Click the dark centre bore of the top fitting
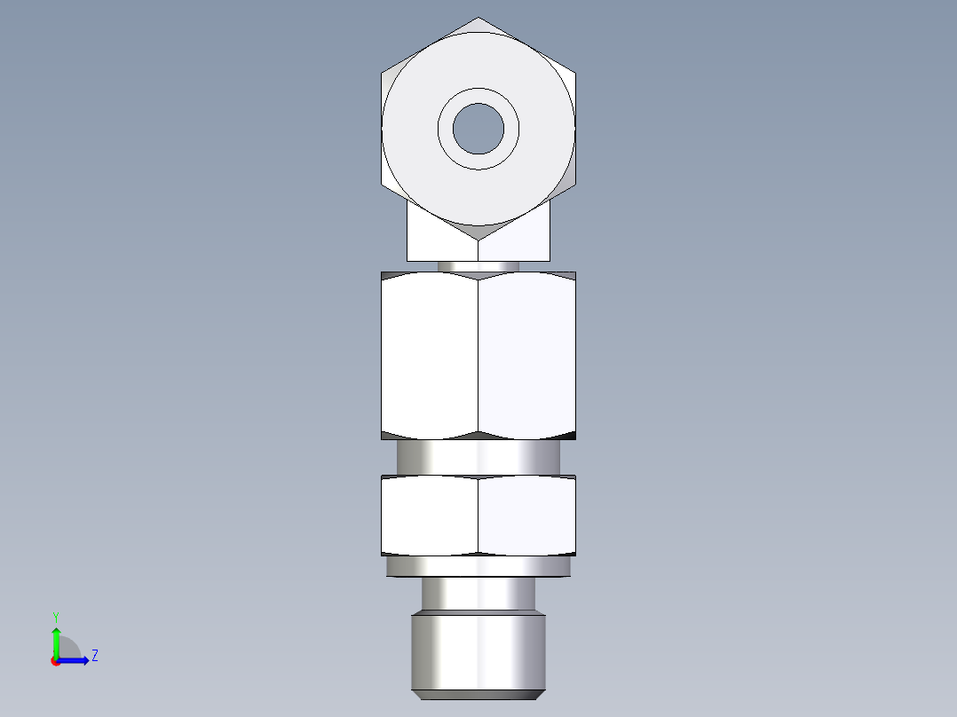pyautogui.click(x=478, y=128)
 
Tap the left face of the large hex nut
pyautogui.click(x=430, y=355)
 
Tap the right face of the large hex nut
pyautogui.click(x=526, y=355)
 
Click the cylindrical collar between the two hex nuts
pyautogui.click(x=478, y=457)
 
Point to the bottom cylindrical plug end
pyautogui.click(x=478, y=650)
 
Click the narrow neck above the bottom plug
pyautogui.click(x=478, y=592)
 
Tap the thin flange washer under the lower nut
pyautogui.click(x=478, y=565)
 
